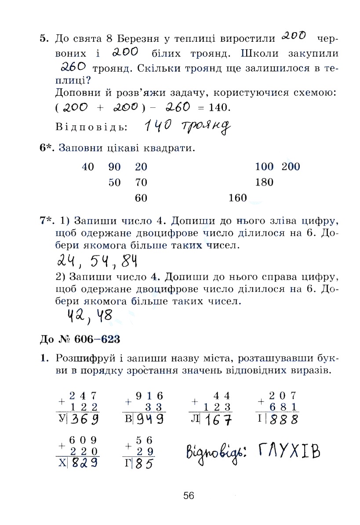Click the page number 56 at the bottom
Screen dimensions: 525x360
189,496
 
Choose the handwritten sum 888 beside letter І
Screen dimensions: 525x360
284,419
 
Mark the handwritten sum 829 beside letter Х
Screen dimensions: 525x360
85,463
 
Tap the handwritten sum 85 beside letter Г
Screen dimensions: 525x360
144,463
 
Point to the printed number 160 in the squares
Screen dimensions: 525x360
238,198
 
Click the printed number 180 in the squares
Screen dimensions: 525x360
264,182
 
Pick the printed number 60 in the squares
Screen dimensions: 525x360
141,198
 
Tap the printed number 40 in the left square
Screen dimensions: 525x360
88,167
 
